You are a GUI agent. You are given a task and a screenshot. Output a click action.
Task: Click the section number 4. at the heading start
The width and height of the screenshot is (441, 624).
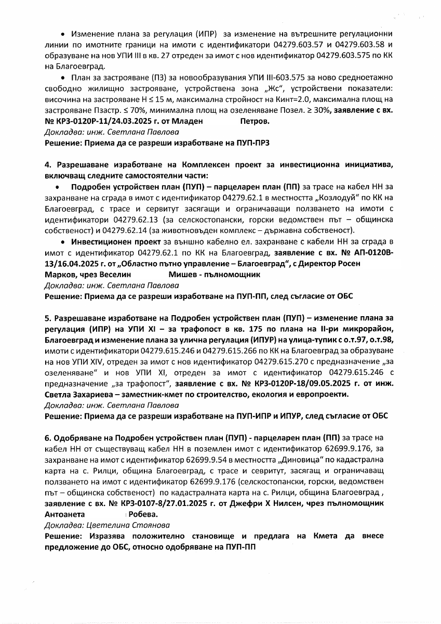(x=48, y=165)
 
